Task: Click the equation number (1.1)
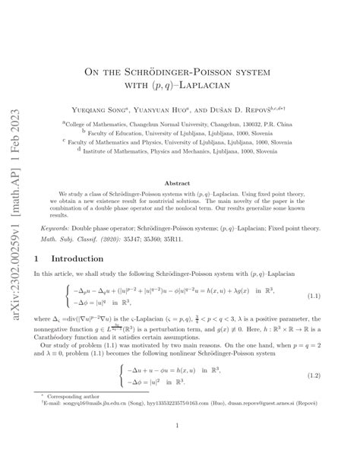(311, 295)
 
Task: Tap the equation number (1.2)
(311, 376)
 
